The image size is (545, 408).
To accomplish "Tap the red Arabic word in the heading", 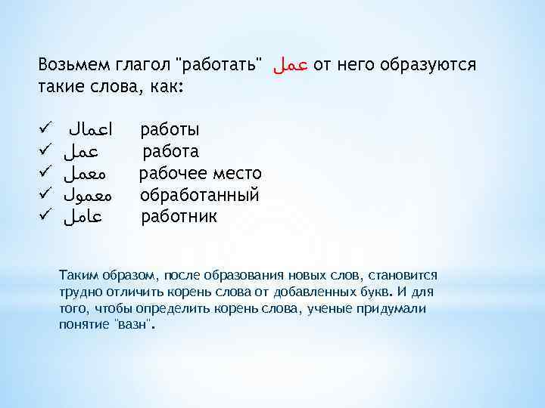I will tap(290, 66).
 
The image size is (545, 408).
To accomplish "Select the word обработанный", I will tap(200, 196).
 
